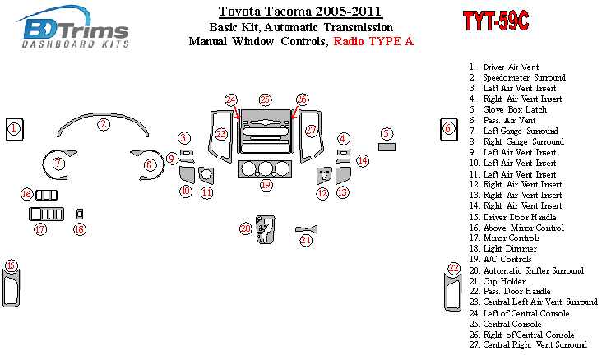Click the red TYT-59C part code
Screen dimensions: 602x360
click(496, 21)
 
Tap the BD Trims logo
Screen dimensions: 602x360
click(72, 27)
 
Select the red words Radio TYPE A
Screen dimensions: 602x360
click(373, 41)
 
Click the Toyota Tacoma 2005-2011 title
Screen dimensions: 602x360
click(300, 12)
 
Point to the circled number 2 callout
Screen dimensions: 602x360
click(104, 124)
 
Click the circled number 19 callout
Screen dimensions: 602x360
click(266, 186)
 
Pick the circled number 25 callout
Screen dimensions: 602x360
click(266, 100)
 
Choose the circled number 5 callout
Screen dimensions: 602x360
click(387, 134)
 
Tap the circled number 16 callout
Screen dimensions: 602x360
click(26, 194)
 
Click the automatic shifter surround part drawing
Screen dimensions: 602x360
click(266, 229)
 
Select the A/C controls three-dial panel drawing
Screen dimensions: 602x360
click(265, 168)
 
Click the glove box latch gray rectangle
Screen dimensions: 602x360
click(387, 147)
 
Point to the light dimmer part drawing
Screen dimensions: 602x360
click(80, 215)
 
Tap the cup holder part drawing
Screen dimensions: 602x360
click(307, 229)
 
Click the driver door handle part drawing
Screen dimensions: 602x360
click(11, 288)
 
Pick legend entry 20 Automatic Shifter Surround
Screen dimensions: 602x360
click(526, 270)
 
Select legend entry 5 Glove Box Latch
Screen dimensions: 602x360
click(508, 110)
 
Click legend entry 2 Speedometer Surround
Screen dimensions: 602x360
click(517, 77)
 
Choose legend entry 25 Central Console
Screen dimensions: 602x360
click(505, 324)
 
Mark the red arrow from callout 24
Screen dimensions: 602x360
click(236, 112)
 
